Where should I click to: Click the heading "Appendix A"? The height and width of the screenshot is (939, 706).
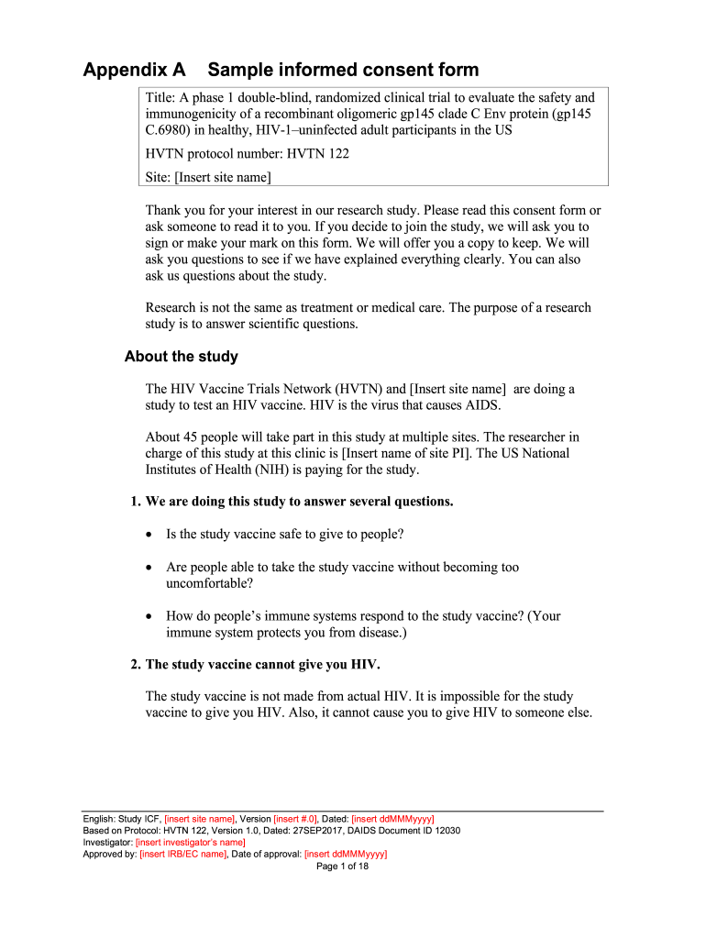tap(134, 70)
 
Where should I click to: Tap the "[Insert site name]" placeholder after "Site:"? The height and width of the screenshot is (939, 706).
tap(223, 177)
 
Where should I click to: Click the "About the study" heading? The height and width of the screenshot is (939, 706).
tap(182, 357)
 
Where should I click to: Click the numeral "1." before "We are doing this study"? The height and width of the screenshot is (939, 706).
tap(136, 502)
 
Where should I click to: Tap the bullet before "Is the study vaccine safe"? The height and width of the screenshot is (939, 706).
tap(150, 534)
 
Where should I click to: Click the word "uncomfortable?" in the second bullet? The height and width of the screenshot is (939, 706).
tap(209, 583)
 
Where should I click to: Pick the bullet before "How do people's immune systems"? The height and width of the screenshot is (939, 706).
tap(150, 616)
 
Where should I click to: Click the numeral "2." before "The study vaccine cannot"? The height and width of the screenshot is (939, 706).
tap(136, 665)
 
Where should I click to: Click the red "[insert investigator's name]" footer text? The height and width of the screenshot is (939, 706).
tap(190, 842)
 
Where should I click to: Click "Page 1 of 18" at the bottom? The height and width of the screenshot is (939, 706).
tap(342, 866)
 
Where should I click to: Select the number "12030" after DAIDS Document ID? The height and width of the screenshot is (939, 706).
tap(445, 830)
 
